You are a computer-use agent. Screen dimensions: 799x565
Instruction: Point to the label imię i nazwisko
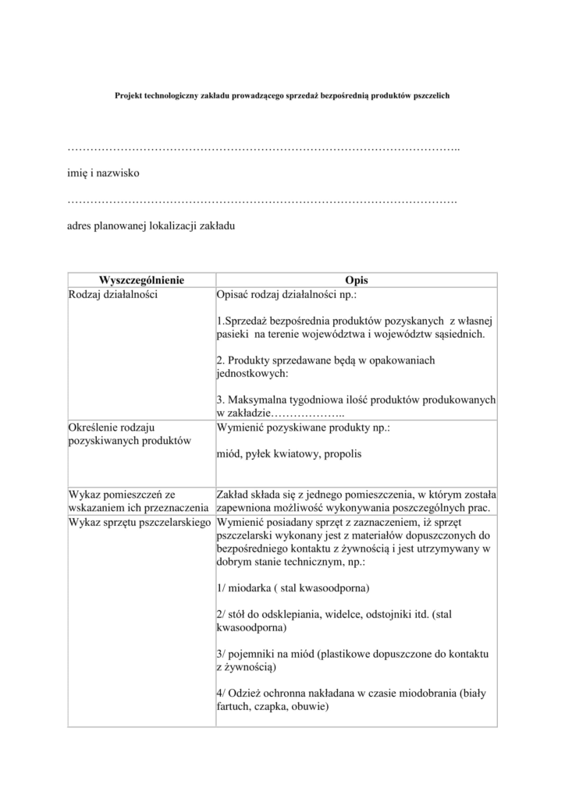tap(102, 172)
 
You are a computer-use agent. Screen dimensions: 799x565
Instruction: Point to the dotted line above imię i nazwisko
tap(264, 148)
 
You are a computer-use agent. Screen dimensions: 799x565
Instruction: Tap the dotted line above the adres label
tap(262, 201)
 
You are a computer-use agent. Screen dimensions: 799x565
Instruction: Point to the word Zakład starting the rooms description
tap(233, 494)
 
